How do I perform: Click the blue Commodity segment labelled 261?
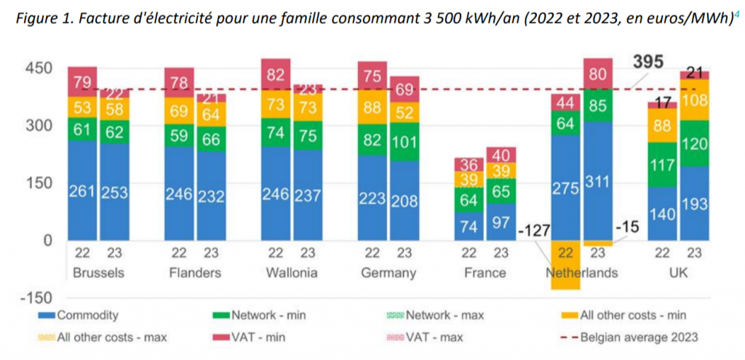83,191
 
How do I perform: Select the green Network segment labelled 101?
405,140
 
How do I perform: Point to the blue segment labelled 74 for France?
469,225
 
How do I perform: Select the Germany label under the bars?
389,273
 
